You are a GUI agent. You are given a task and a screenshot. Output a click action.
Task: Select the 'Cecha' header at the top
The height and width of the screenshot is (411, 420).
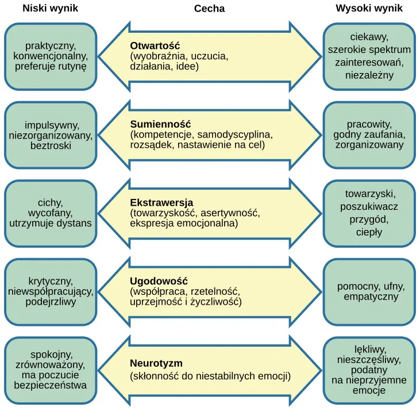[x=209, y=9]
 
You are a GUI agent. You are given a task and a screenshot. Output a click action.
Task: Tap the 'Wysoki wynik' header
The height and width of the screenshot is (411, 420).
[x=369, y=9]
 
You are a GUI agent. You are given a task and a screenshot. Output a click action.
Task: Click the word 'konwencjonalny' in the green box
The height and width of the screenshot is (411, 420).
[x=51, y=56]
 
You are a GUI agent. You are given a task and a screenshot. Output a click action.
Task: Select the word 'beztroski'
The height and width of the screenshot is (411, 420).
[x=51, y=146]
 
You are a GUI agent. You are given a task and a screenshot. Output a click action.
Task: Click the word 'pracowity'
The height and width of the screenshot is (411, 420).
[x=369, y=124]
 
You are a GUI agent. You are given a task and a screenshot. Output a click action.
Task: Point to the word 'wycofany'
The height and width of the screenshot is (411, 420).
[x=51, y=213]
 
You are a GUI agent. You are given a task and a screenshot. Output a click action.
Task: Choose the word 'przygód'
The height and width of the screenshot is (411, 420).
[x=369, y=220]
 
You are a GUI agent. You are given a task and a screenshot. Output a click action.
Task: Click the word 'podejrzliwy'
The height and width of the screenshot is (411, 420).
[x=51, y=302]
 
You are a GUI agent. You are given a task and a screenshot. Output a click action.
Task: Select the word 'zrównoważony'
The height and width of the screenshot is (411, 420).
[x=51, y=364]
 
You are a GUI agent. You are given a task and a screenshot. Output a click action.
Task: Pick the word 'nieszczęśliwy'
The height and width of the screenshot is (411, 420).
[x=369, y=359]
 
